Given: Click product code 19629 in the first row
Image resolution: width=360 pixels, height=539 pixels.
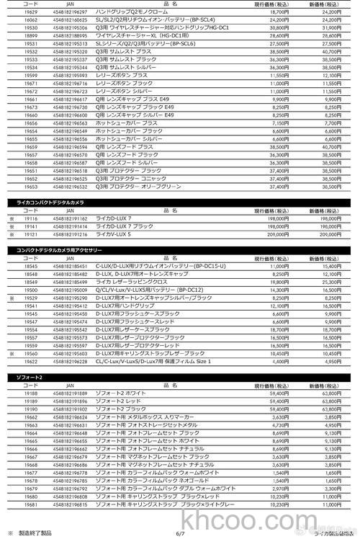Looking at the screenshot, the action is coord(30,12).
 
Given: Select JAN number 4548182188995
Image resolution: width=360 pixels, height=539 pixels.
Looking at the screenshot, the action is coord(70,35).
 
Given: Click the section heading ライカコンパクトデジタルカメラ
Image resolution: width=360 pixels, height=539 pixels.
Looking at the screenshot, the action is coord(50,202).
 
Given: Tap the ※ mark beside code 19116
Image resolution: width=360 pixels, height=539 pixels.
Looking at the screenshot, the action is coord(11,218).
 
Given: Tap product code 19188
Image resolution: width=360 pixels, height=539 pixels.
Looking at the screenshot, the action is coord(30,393).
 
